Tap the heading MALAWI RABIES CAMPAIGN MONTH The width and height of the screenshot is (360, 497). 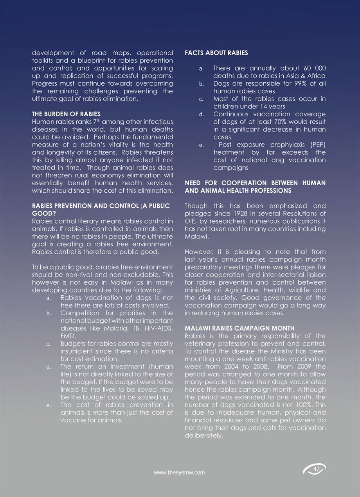(239, 328)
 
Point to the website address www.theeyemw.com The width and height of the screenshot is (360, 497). (179, 473)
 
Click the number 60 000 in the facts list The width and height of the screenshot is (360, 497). (312, 68)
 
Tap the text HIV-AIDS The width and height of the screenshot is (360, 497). (155, 328)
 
